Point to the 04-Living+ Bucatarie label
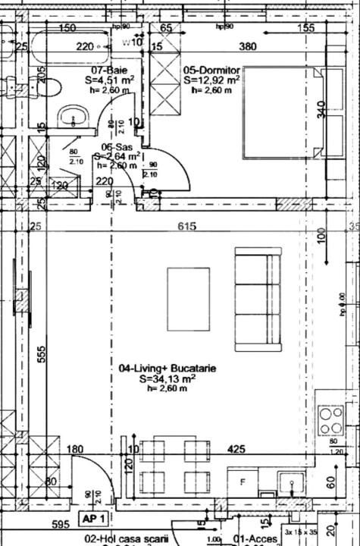click(167, 369)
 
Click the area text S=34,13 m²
click(167, 378)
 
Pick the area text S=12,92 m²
click(212, 78)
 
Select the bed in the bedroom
click(283, 113)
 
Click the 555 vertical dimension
click(42, 355)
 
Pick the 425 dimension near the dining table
click(236, 450)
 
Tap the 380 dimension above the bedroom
click(247, 46)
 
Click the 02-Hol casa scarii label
click(125, 539)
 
